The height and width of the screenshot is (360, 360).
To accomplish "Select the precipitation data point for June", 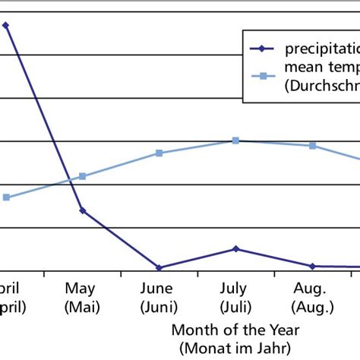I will pos(159,267).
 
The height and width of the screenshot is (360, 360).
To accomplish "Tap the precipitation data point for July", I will pos(235,248).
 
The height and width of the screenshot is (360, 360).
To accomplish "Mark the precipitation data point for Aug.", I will pos(312,266).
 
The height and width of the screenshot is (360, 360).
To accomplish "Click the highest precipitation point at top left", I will pos(6,25).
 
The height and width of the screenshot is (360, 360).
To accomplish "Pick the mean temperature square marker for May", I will pos(83,176).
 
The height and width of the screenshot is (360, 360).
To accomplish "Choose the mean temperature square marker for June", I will pos(159,153).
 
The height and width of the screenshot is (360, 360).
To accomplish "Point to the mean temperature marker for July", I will pos(235,141).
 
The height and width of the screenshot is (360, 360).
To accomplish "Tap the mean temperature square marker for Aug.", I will pos(312,145).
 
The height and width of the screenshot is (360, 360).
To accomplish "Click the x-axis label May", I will pos(80,289).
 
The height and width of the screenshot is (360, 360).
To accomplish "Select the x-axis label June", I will pos(158,289).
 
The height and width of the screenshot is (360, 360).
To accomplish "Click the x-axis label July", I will pos(235,289).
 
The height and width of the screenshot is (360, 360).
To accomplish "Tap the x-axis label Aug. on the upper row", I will pos(311,289).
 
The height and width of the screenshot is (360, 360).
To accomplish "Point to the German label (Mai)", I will pos(80,307).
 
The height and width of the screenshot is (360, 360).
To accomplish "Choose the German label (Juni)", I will pos(158,307).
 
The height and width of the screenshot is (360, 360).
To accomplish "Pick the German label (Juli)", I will pos(235,307).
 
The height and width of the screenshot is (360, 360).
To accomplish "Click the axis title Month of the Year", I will pos(235,330).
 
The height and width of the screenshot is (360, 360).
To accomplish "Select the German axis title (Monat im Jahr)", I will pos(235,348).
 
